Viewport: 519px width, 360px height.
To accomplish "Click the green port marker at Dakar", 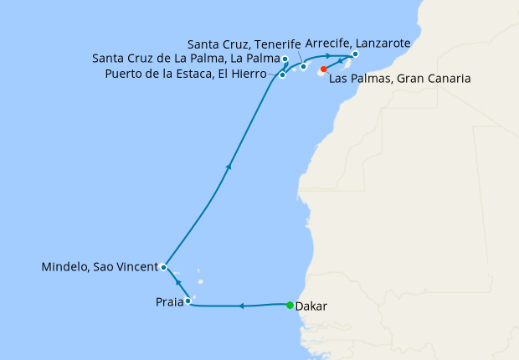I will (x=290, y=305).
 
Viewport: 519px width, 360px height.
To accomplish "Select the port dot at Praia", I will (x=188, y=301).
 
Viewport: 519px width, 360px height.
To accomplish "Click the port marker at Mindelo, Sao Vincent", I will (x=164, y=268).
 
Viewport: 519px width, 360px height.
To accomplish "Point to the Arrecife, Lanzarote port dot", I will (x=356, y=54).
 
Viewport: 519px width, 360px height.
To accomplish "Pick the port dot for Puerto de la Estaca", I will (x=283, y=75).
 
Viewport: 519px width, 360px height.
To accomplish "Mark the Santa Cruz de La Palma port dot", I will (x=285, y=59).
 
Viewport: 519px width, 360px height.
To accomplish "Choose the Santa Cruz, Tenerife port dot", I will (x=304, y=65).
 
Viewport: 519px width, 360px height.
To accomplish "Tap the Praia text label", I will (x=168, y=302).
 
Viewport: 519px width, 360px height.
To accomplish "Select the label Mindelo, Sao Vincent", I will (x=99, y=268).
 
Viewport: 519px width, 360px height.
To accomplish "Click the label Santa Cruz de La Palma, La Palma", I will (x=186, y=59).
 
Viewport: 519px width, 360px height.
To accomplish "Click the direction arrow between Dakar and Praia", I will (x=241, y=306).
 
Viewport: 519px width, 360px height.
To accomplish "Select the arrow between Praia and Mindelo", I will (x=178, y=283).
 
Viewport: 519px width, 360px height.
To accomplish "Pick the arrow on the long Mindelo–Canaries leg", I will (x=228, y=167).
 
